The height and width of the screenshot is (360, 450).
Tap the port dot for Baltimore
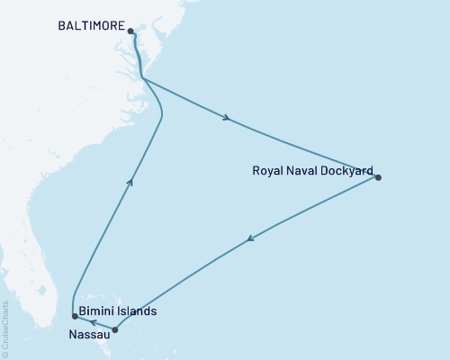click(x=131, y=31)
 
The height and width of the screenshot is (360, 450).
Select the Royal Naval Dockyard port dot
click(x=378, y=177)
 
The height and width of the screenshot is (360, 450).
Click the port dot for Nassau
click(x=115, y=329)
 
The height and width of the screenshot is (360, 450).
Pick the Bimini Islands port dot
click(x=75, y=316)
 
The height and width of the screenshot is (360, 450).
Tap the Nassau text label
click(x=88, y=333)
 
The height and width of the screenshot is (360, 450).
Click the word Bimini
click(x=96, y=311)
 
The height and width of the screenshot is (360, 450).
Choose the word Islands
click(x=138, y=311)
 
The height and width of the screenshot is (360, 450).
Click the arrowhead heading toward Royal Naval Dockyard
click(x=227, y=117)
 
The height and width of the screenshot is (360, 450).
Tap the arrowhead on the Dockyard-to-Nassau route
click(x=250, y=238)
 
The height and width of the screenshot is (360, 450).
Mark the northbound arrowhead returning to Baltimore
click(x=130, y=182)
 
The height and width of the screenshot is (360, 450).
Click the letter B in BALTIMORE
click(x=62, y=28)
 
